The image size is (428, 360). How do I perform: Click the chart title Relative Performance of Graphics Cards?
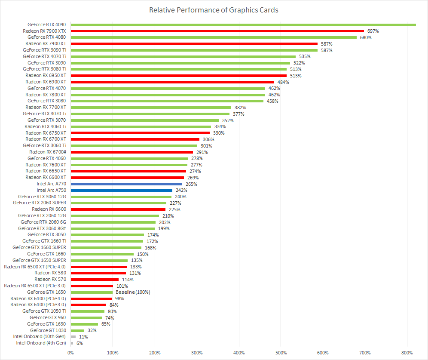(x=214, y=10)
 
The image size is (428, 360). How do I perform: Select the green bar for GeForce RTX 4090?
(x=243, y=25)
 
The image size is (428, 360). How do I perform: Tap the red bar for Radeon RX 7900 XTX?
(x=217, y=31)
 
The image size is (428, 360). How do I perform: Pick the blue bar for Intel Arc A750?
(x=122, y=190)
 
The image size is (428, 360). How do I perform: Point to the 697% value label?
(x=373, y=31)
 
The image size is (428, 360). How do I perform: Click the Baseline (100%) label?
(x=133, y=292)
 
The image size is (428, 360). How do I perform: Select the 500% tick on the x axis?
(x=281, y=353)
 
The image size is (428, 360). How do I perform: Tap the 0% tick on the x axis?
(x=70, y=353)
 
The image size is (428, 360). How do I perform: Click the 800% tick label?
(x=407, y=353)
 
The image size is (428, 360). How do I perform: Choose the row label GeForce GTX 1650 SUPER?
(x=39, y=260)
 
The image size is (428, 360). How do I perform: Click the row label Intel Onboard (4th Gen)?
(x=41, y=343)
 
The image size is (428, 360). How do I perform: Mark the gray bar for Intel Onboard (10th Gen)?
(x=73, y=337)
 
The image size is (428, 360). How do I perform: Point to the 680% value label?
(x=366, y=37)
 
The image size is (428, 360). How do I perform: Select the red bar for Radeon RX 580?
(x=98, y=273)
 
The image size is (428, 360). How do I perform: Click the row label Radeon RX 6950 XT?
(x=46, y=76)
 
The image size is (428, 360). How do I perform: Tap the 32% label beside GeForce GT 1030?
(x=92, y=330)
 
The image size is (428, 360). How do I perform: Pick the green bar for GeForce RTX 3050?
(x=107, y=235)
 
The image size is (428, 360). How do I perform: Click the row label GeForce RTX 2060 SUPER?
(x=40, y=203)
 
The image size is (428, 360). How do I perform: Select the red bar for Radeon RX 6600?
(x=118, y=209)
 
